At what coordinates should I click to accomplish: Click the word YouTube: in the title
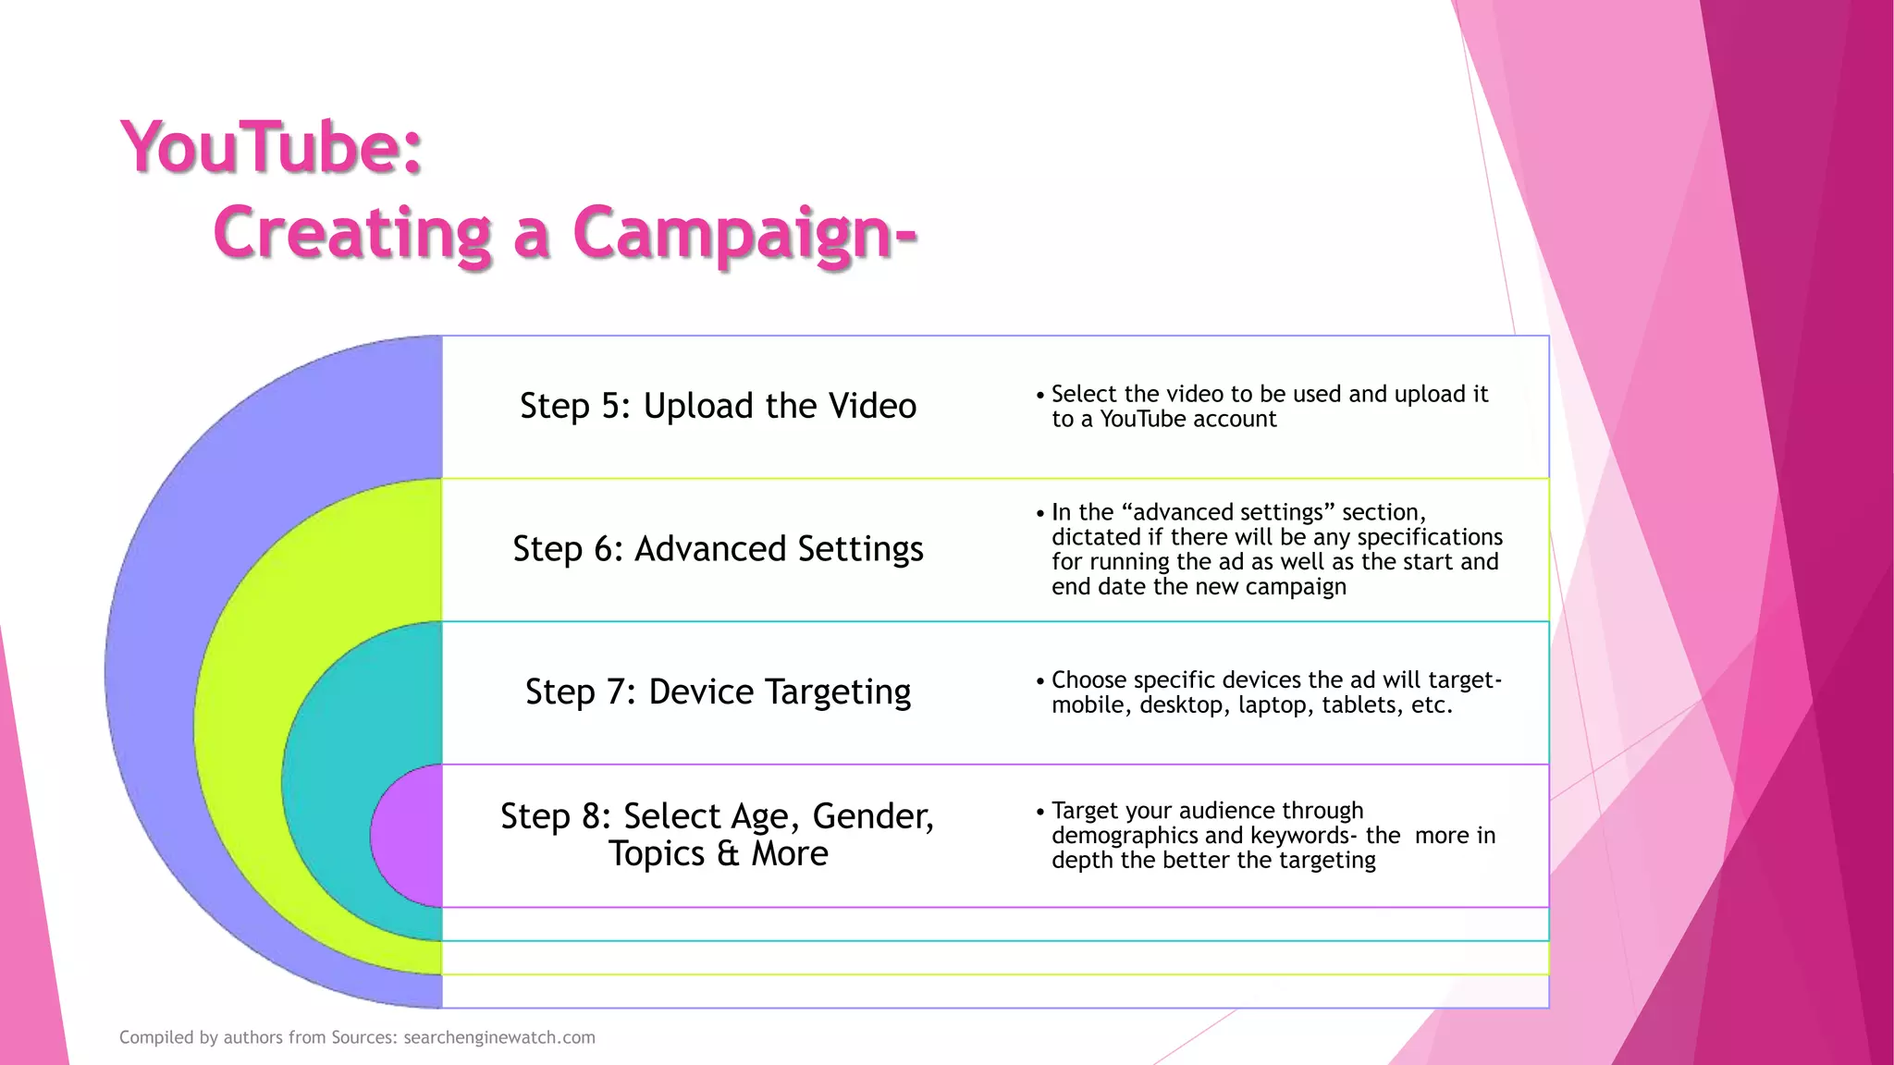pyautogui.click(x=271, y=148)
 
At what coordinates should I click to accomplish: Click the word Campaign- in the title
pyautogui.click(x=744, y=233)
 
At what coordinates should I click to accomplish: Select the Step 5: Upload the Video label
pyautogui.click(x=718, y=406)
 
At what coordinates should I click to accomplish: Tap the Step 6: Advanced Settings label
pyautogui.click(x=718, y=549)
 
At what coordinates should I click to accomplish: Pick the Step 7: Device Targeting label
pyautogui.click(x=718, y=692)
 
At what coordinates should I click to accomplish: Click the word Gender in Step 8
pyautogui.click(x=871, y=817)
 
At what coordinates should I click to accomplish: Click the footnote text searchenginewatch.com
pyautogui.click(x=499, y=1037)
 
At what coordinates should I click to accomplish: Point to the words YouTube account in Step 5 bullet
pyautogui.click(x=1187, y=420)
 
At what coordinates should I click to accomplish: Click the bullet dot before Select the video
pyautogui.click(x=1040, y=396)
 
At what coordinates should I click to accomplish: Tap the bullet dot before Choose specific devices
pyautogui.click(x=1040, y=681)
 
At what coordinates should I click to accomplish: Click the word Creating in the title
pyautogui.click(x=351, y=233)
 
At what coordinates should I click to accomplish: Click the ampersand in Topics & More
pyautogui.click(x=728, y=854)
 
